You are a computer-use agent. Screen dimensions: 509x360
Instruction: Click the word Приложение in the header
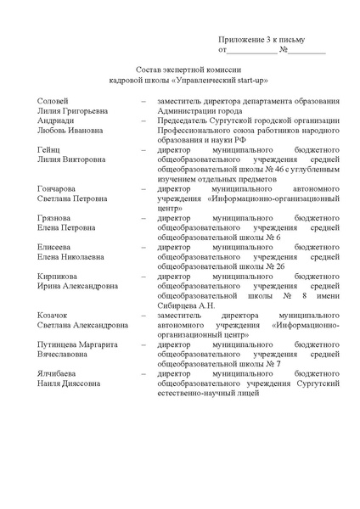[241, 39]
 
